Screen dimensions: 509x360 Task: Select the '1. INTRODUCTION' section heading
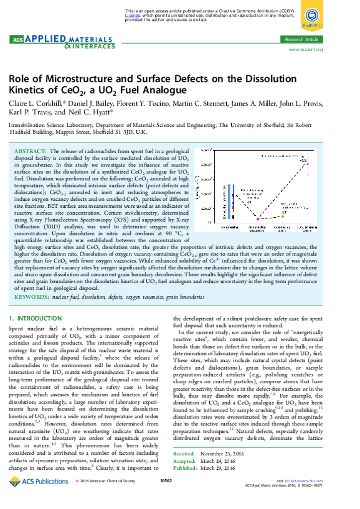coord(36,318)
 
